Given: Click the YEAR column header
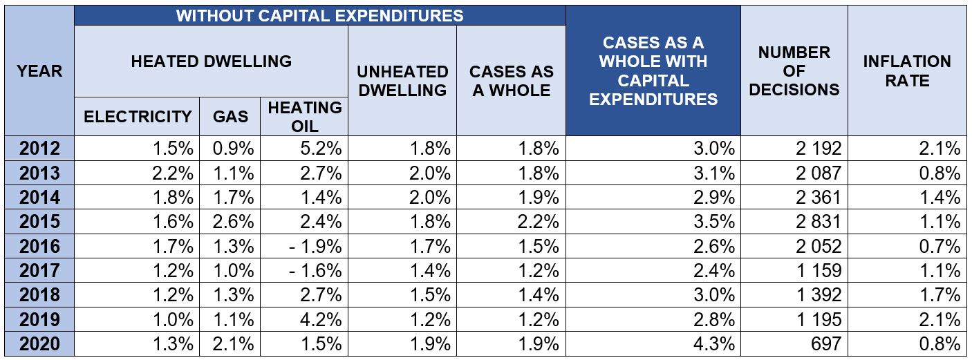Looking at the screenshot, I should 39,70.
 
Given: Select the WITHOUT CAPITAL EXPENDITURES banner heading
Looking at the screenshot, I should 319,15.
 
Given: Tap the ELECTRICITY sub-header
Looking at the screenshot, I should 138,116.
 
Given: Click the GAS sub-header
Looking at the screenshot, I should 230,116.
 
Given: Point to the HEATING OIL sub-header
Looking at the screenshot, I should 304,116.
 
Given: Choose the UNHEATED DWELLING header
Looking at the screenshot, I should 402,81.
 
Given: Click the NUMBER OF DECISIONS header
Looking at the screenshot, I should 794,70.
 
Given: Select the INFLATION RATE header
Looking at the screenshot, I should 907,70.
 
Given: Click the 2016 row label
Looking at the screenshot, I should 39,246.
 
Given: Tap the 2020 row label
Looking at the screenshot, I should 39,344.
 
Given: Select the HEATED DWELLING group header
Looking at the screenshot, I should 211,61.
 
